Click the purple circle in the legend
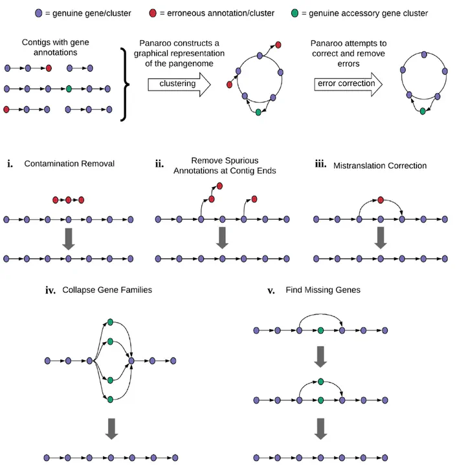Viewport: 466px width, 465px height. click(x=39, y=13)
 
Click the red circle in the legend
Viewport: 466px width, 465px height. click(x=153, y=13)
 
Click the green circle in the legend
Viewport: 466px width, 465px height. click(x=294, y=13)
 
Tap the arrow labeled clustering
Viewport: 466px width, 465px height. click(x=179, y=85)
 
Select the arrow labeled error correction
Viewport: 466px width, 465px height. click(x=348, y=84)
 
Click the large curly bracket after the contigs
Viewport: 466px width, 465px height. click(x=125, y=85)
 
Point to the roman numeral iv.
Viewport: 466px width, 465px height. click(x=50, y=290)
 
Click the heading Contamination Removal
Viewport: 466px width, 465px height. click(x=69, y=164)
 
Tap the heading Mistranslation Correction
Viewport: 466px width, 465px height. click(x=380, y=166)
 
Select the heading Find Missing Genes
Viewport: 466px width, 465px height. click(x=323, y=290)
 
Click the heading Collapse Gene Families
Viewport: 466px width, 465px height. click(x=107, y=290)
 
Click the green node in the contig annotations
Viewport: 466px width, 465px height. click(x=69, y=89)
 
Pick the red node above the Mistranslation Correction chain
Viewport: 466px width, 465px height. click(x=381, y=200)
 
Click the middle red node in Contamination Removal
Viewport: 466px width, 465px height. click(x=69, y=200)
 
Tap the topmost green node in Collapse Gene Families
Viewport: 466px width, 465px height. click(x=110, y=322)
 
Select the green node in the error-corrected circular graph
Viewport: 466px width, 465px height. click(x=423, y=111)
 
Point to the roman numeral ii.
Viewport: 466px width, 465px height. click(x=160, y=164)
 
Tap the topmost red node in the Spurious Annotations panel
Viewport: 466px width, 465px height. click(x=219, y=186)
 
